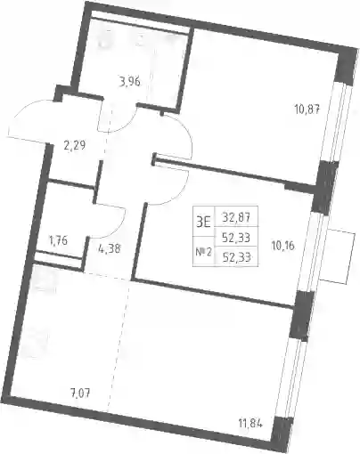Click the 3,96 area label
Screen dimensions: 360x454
pyautogui.click(x=129, y=81)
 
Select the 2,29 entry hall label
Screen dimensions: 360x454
pyautogui.click(x=75, y=145)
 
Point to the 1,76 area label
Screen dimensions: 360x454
pyautogui.click(x=57, y=240)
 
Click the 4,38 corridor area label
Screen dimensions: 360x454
pyautogui.click(x=109, y=248)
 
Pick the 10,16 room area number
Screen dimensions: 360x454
pyautogui.click(x=282, y=246)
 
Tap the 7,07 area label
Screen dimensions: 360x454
pyautogui.click(x=79, y=393)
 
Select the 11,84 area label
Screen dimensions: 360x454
pyautogui.click(x=250, y=422)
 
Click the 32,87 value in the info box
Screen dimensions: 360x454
pyautogui.click(x=236, y=218)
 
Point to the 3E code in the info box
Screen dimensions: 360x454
pyautogui.click(x=203, y=222)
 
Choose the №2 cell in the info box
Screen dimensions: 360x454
pyautogui.click(x=203, y=253)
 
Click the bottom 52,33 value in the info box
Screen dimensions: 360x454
pyautogui.click(x=236, y=257)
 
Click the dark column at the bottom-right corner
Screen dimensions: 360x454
pyautogui.click(x=282, y=434)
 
